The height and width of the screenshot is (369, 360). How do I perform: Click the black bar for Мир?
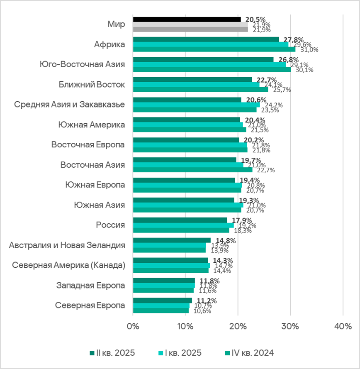click(x=187, y=20)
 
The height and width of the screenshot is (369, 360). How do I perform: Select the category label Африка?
click(x=109, y=44)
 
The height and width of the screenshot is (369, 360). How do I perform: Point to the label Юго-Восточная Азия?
click(x=82, y=64)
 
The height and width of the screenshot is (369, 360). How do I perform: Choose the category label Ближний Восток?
click(x=92, y=84)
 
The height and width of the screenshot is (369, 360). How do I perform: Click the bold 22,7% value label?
click(x=264, y=80)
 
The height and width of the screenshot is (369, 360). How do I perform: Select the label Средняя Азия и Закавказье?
click(x=70, y=104)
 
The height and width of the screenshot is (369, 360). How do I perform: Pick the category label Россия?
click(x=110, y=225)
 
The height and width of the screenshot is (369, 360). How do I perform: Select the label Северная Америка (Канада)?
click(x=68, y=265)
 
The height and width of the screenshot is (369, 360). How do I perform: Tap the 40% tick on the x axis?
click(x=343, y=326)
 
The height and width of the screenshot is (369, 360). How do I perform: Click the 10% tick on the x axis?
click(x=185, y=326)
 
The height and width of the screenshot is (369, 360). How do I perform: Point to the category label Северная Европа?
click(x=90, y=305)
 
